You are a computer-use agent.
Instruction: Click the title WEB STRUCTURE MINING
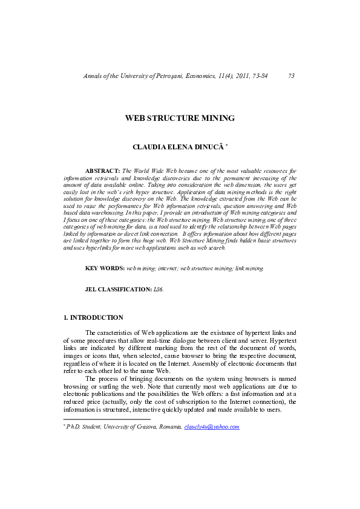(x=180, y=118)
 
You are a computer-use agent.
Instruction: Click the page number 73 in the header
(x=291, y=76)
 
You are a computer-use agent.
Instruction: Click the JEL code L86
(x=159, y=290)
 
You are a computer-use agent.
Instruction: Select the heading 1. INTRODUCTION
(x=93, y=317)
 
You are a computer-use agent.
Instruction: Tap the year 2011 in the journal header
(x=235, y=76)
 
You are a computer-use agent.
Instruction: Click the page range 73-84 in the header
(x=258, y=76)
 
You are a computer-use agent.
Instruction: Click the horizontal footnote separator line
(x=106, y=419)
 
